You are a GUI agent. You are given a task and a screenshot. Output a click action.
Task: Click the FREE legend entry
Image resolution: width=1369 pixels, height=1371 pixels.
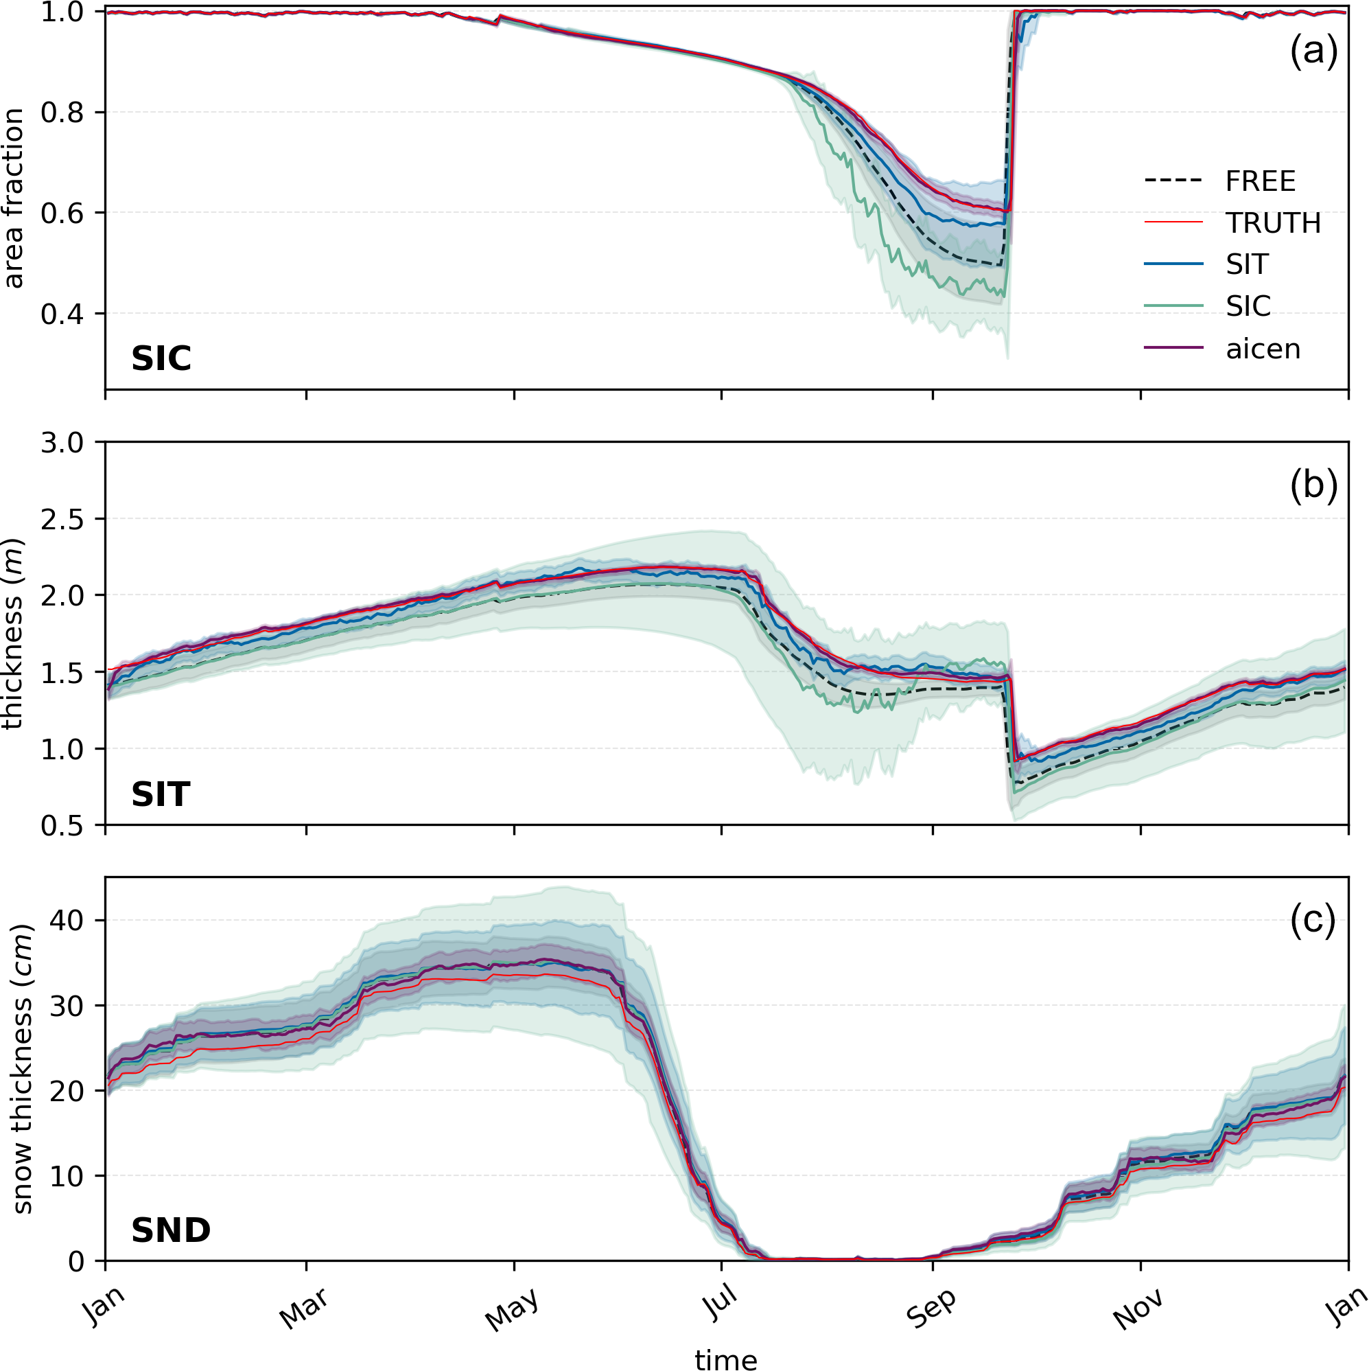[x=1260, y=182]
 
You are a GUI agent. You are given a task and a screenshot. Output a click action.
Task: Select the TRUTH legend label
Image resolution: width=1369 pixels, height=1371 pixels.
[x=1272, y=224]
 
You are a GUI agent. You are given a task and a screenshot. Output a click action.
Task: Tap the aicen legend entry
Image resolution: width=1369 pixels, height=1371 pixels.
[x=1263, y=349]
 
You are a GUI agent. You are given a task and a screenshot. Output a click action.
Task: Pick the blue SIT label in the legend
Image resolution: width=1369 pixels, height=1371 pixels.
[x=1246, y=265]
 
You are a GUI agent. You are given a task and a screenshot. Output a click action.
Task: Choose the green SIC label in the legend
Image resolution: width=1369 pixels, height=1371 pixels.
[x=1248, y=307]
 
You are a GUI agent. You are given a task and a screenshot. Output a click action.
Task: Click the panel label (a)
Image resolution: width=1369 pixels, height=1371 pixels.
[x=1313, y=51]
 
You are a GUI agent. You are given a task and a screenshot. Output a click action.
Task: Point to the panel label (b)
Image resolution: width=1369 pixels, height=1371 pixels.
[x=1313, y=487]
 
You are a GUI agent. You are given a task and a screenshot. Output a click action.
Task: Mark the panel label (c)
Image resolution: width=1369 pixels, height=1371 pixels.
[x=1313, y=921]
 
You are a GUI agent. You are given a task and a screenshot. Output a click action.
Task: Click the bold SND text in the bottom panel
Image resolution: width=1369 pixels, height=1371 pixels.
[x=171, y=1230]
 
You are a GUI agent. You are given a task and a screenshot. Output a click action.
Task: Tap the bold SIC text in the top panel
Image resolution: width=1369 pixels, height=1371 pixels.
[x=161, y=359]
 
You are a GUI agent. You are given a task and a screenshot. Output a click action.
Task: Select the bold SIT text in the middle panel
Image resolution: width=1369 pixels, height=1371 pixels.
[x=161, y=795]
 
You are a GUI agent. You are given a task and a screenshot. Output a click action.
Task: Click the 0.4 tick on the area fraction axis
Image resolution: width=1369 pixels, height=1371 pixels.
[x=62, y=314]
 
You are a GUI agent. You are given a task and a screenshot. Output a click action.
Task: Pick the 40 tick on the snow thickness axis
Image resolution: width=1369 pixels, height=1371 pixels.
[x=67, y=921]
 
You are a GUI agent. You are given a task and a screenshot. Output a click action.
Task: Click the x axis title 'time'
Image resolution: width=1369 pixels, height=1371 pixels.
[x=725, y=1358]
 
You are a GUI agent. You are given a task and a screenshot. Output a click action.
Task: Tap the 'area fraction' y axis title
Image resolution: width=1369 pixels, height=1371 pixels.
[x=14, y=198]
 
